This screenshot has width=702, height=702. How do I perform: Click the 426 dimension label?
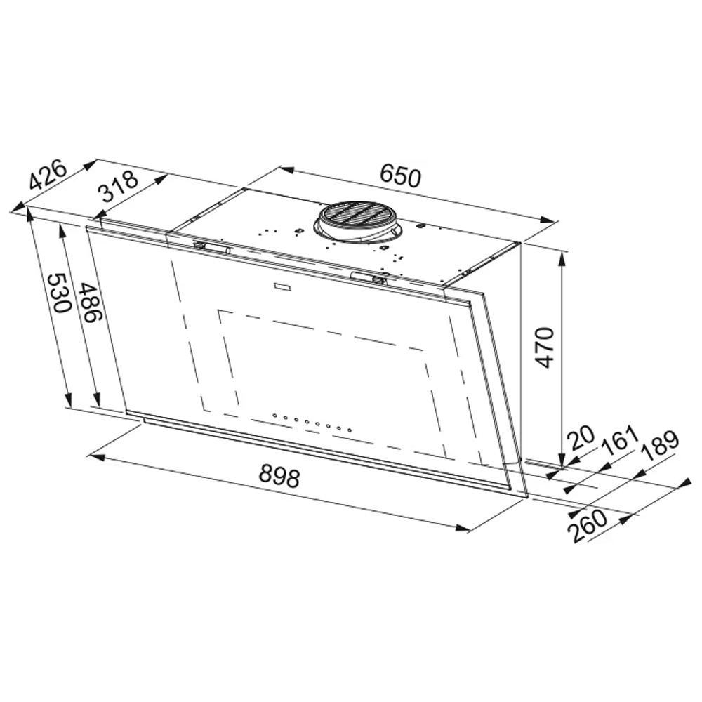coord(48,175)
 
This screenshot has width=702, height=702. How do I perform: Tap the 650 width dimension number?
coord(401,176)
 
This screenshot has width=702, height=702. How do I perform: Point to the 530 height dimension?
coord(59,293)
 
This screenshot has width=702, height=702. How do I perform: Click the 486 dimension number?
coord(91,303)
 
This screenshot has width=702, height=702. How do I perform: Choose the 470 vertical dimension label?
coord(545,348)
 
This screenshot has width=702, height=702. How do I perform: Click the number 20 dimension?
coord(581,437)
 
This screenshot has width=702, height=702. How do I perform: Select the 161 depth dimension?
coord(619,439)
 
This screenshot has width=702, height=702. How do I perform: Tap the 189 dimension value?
coord(659,446)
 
